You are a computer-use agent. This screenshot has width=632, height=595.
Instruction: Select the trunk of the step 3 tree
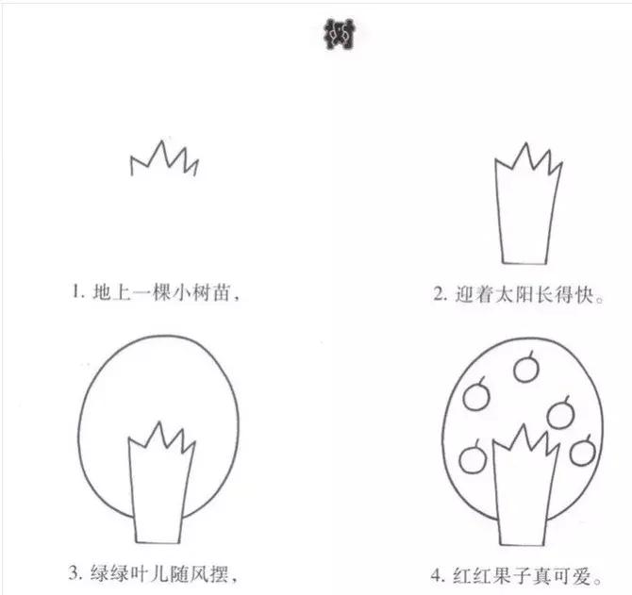click(x=159, y=482)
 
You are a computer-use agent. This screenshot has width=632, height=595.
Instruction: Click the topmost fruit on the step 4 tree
click(x=526, y=368)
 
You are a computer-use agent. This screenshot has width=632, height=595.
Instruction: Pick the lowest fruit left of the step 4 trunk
click(x=472, y=459)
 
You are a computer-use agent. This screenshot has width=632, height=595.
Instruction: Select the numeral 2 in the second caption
click(x=439, y=293)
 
